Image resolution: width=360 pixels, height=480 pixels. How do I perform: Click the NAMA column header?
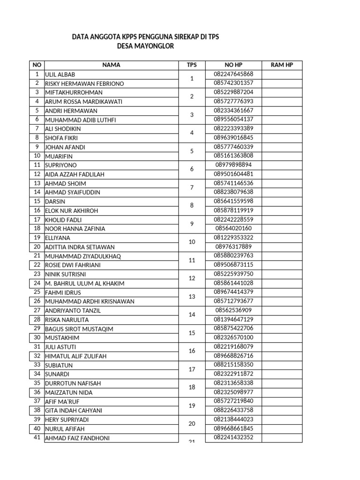[x=111, y=65]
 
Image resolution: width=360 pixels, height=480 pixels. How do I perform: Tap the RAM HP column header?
[x=282, y=65]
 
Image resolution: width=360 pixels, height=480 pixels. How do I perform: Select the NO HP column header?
[x=233, y=65]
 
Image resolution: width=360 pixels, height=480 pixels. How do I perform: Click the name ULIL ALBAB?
[x=60, y=75]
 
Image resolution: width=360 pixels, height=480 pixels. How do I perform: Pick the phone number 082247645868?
[x=233, y=74]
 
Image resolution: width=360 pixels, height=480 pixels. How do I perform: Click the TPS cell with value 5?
[x=192, y=151]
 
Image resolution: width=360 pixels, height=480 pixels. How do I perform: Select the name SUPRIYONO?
[x=60, y=165]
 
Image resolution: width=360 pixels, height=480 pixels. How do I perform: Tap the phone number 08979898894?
[x=233, y=165]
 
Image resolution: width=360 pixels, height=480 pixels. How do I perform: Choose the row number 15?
[x=37, y=201]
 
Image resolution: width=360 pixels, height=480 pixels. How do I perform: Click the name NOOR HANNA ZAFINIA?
[x=75, y=229]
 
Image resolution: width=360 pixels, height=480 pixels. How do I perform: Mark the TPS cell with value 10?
[x=192, y=242]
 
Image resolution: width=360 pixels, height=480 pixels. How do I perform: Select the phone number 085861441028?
[x=233, y=283]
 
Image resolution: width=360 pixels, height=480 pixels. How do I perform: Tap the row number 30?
[x=37, y=337]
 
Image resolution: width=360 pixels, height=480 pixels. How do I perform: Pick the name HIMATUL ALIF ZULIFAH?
[x=75, y=356]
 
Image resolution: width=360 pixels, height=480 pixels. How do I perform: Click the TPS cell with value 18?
[x=192, y=388]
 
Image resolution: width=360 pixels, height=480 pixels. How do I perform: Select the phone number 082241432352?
[x=233, y=438]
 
